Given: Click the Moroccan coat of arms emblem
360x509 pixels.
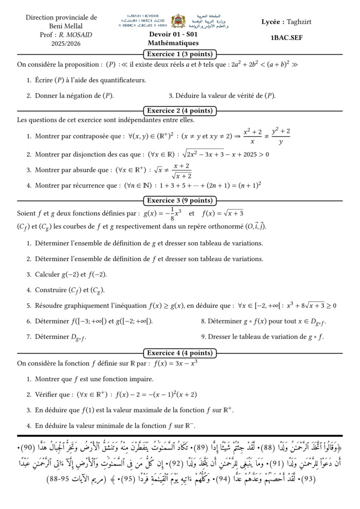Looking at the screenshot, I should pyautogui.click(x=178, y=21).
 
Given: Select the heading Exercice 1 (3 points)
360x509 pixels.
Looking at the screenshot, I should pyautogui.click(x=179, y=54).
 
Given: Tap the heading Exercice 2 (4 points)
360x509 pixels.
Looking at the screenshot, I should pyautogui.click(x=179, y=111).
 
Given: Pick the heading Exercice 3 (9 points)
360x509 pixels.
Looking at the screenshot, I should pyautogui.click(x=179, y=201).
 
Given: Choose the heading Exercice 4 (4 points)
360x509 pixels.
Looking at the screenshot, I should pyautogui.click(x=179, y=353).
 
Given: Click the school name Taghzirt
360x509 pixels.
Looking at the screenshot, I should pyautogui.click(x=299, y=22).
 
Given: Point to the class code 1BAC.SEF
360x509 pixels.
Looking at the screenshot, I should pyautogui.click(x=286, y=38).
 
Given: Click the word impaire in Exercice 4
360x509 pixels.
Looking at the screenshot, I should pyautogui.click(x=139, y=379).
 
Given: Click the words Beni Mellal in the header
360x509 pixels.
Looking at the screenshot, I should pyautogui.click(x=61, y=26).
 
